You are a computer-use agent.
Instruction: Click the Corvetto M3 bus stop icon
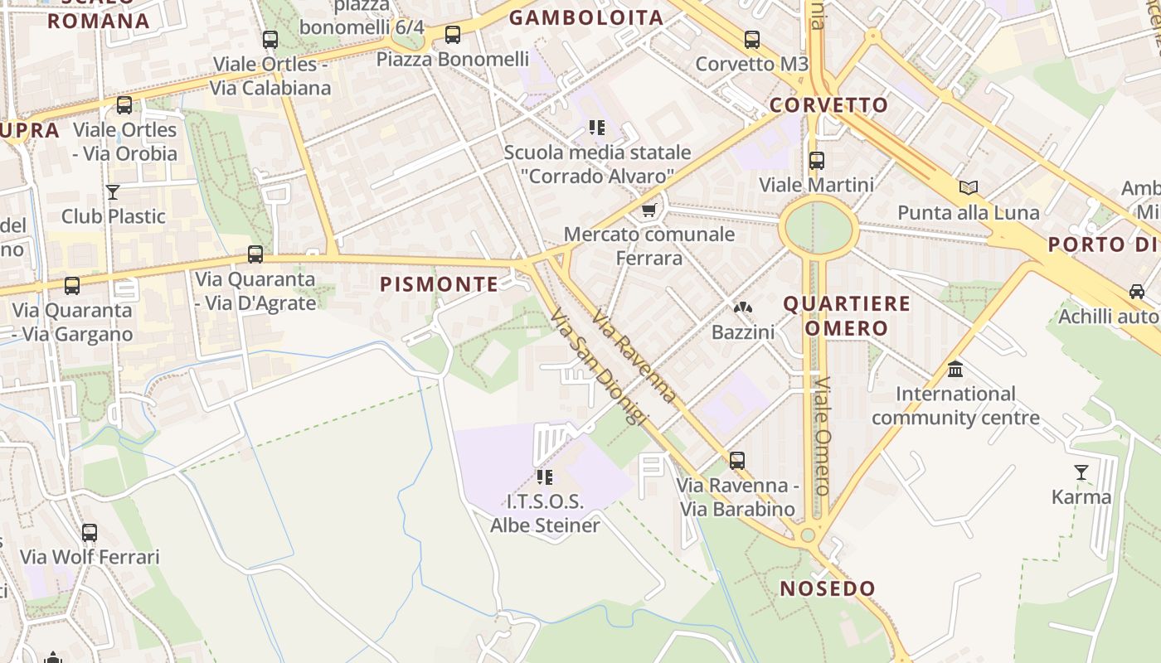751,39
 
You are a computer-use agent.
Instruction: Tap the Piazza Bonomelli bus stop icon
452,35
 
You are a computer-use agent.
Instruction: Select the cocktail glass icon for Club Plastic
113,192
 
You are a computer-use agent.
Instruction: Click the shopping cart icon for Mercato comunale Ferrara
649,210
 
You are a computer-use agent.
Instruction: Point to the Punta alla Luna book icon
969,188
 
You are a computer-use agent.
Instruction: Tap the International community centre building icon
955,369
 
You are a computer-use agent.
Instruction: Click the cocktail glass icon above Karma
1081,472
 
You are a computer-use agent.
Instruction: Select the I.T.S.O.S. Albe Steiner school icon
545,477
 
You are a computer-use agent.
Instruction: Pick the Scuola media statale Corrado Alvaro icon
596,128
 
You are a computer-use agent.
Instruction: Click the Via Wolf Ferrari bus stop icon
90,532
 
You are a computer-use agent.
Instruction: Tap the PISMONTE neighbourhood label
440,284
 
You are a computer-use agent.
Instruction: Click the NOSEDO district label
828,589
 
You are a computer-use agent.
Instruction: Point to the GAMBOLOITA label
586,17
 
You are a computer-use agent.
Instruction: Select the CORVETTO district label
828,105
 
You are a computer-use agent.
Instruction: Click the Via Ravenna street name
634,357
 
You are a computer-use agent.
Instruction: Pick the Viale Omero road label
823,436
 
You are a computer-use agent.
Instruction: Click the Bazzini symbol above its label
743,308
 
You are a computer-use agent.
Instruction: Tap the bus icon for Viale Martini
817,160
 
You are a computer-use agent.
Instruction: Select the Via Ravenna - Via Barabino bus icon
737,461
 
